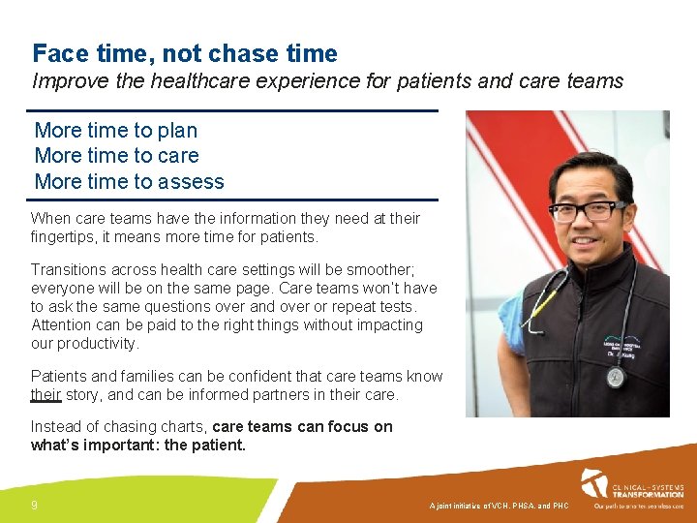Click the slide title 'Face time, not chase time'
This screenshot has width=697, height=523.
[x=185, y=53]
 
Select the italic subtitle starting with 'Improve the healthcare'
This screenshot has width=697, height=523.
[x=327, y=81]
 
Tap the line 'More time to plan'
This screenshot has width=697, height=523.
[x=115, y=131]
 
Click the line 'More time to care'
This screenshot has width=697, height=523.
[x=116, y=156]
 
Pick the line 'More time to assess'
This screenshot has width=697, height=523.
[x=129, y=182]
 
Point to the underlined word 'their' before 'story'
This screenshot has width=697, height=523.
[x=45, y=394]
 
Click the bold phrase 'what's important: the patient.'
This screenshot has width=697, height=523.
[x=138, y=446]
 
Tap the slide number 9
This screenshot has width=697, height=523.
[x=34, y=505]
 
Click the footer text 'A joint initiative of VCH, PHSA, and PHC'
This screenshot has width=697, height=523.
[x=499, y=506]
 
